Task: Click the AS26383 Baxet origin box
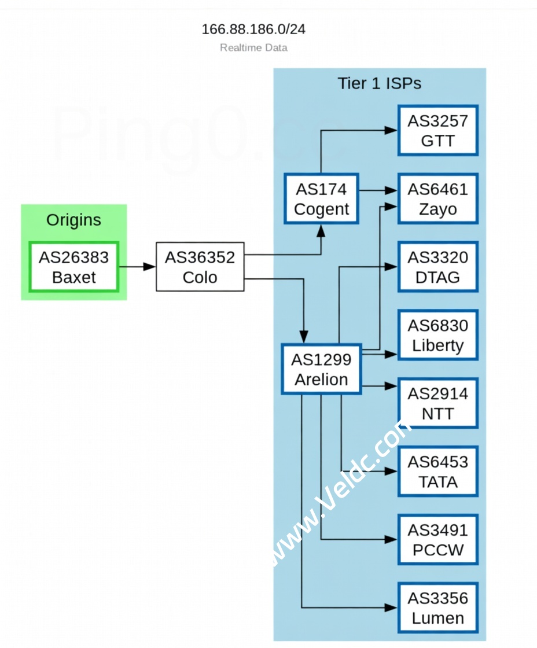click(73, 267)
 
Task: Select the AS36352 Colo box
click(200, 267)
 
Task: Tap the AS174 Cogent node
click(321, 199)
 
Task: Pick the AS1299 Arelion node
click(321, 369)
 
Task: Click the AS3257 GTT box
click(437, 130)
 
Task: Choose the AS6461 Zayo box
click(437, 198)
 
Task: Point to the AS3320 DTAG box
click(437, 267)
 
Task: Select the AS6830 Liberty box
click(437, 335)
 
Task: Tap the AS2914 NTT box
click(437, 403)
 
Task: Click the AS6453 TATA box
click(437, 472)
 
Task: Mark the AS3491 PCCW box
click(437, 539)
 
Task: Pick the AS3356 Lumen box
click(437, 607)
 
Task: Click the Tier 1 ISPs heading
click(379, 83)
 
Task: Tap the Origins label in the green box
click(73, 220)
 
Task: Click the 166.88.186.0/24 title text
click(253, 29)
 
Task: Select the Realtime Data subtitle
click(253, 47)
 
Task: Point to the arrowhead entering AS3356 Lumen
click(392, 607)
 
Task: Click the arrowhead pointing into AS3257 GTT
click(392, 130)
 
